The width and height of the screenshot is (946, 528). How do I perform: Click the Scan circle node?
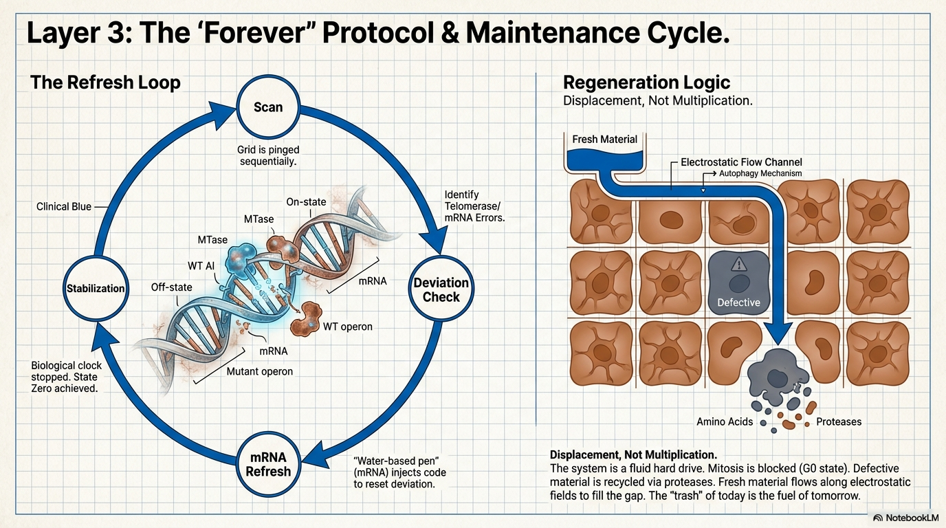(268, 107)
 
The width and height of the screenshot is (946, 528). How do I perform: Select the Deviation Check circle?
(441, 289)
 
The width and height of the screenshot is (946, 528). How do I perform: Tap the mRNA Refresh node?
(268, 464)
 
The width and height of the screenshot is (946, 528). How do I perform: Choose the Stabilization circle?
(96, 288)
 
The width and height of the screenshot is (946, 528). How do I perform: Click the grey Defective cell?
(738, 283)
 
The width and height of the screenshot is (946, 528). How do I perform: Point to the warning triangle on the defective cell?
(738, 265)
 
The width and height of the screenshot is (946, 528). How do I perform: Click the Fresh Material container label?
(604, 140)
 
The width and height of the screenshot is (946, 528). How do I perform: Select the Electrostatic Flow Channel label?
(741, 162)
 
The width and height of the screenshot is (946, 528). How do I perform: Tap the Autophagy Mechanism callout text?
(760, 173)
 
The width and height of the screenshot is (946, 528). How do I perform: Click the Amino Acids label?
(725, 421)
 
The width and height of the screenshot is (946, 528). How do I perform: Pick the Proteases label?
(839, 421)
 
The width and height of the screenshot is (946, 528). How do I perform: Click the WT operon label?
(348, 327)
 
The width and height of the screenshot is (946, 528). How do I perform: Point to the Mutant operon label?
(259, 371)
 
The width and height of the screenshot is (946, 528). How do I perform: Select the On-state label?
(306, 202)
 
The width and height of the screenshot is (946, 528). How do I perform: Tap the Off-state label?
(171, 287)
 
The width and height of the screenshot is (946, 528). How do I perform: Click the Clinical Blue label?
(64, 206)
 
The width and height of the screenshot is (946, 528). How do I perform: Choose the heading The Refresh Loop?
(105, 82)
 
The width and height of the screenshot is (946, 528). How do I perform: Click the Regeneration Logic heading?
(646, 82)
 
